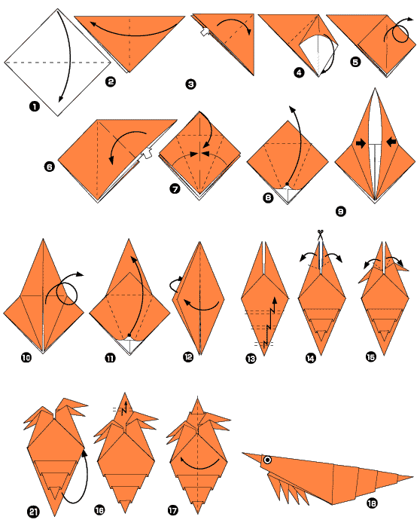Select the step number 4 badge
coord(300,72)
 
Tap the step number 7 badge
coord(175,190)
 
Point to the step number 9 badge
coord(340,212)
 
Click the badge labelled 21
coord(34,512)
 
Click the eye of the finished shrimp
coord(266,459)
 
